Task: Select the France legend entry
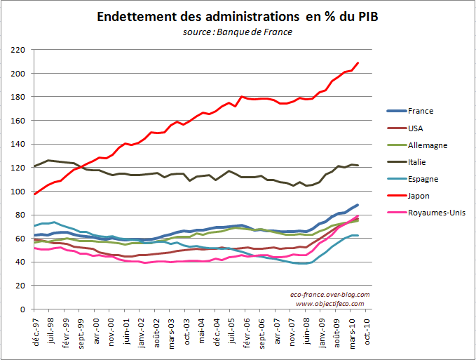coord(420,111)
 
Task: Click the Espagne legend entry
coord(422,179)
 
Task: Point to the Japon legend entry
coord(419,196)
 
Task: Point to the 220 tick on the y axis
coord(19,50)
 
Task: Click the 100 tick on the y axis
coord(19,192)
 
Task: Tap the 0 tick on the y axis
coord(23,309)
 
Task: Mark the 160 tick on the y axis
coord(19,121)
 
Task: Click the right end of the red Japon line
coord(358,63)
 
